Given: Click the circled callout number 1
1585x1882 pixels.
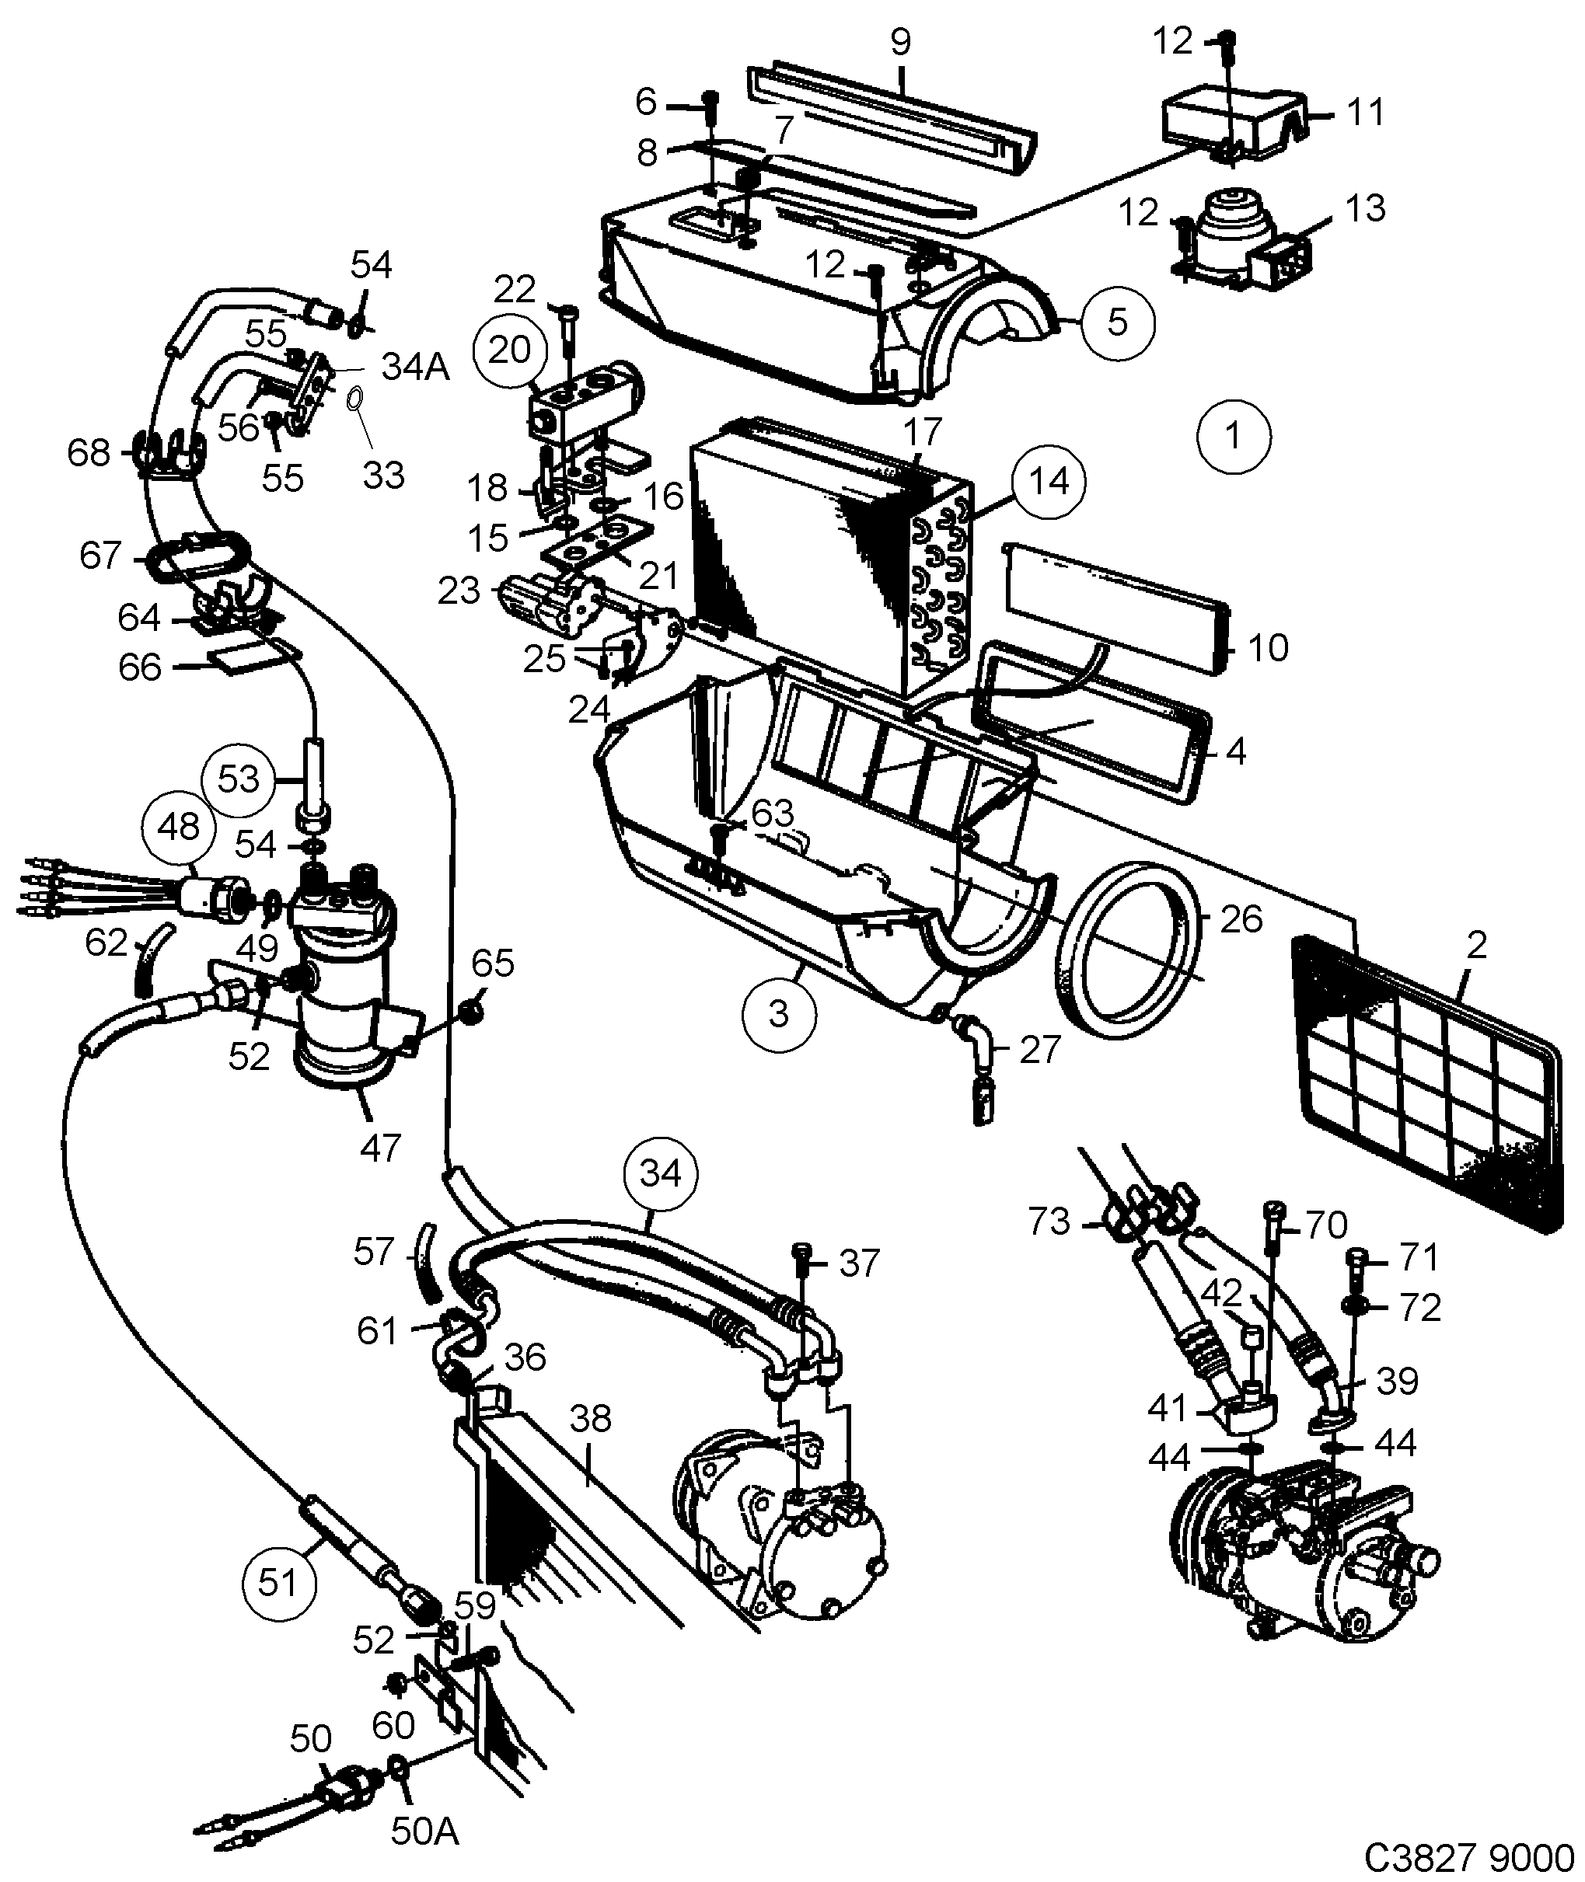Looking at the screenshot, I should pyautogui.click(x=1234, y=437).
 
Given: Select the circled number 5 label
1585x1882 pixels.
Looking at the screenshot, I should pyautogui.click(x=1117, y=322).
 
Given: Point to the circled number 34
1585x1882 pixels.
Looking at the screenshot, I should pyautogui.click(x=662, y=1174).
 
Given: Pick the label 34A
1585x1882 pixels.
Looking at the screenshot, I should pyautogui.click(x=414, y=367).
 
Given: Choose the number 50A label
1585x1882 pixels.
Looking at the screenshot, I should pyautogui.click(x=424, y=1831).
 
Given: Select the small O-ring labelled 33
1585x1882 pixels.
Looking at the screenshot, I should pyautogui.click(x=355, y=397).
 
